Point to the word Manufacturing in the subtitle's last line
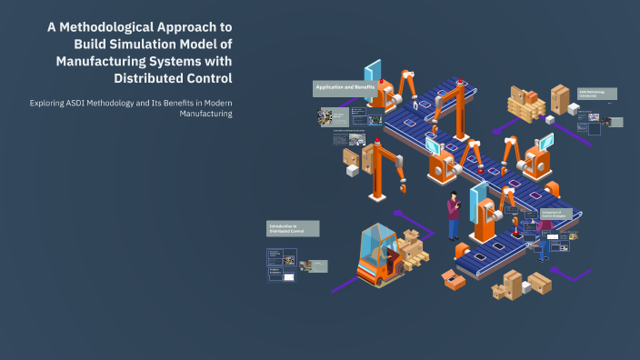coord(205,115)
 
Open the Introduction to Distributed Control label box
coord(292,228)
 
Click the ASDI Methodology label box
coord(596,95)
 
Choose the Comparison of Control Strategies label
coord(556,214)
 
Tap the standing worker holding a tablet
coord(454,217)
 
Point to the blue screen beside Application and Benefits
coord(373,75)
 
